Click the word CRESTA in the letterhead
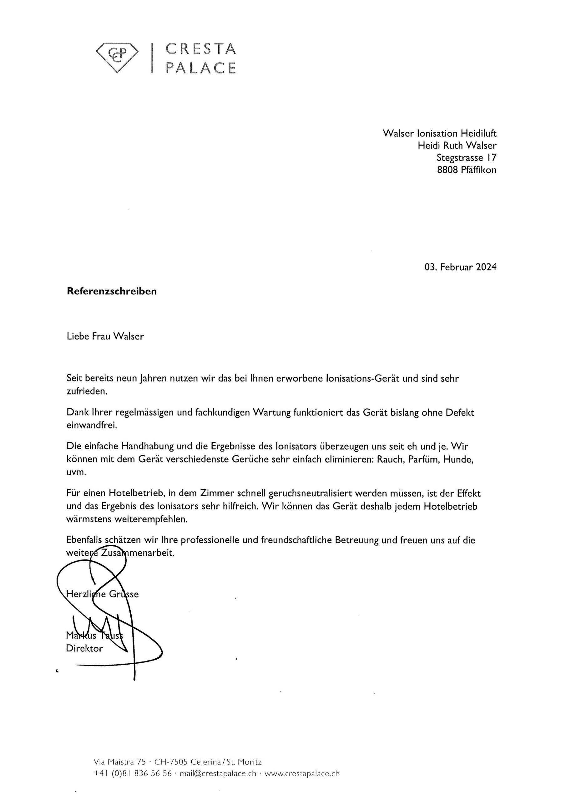click(x=201, y=49)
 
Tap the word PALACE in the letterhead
click(x=201, y=68)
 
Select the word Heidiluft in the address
click(x=479, y=133)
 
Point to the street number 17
click(x=492, y=158)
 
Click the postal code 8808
click(x=447, y=170)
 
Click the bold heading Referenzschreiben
click(x=112, y=291)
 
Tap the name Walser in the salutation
click(x=129, y=336)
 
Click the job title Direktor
click(x=84, y=648)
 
